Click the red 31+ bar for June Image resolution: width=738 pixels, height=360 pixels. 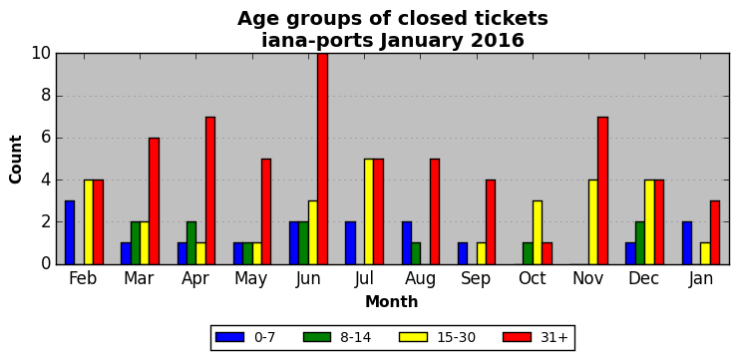tap(322, 159)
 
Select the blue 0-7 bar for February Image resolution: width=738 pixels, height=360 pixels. tap(70, 232)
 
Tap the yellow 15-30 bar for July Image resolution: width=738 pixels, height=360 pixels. tap(369, 211)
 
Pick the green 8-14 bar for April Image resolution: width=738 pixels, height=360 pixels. tap(191, 243)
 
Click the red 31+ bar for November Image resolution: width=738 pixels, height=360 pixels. tap(603, 190)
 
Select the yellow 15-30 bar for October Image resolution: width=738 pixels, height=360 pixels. tap(538, 232)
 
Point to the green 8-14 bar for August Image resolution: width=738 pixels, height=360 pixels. tap(416, 253)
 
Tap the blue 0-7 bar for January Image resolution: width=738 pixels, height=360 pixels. tap(687, 243)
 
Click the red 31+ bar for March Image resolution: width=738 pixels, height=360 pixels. tap(155, 200)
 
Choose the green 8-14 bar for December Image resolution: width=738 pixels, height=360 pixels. tap(640, 243)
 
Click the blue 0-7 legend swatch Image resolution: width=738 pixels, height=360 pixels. tap(229, 337)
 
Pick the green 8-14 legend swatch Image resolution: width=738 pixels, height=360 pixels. tap(318, 337)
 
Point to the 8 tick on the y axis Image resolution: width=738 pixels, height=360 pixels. tap(57, 96)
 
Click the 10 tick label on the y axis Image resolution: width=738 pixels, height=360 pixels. tap(42, 53)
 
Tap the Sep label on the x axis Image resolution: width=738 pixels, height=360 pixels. tap(476, 279)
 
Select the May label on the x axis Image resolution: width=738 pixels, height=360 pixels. tap(251, 279)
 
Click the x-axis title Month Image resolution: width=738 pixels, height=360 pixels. tap(392, 301)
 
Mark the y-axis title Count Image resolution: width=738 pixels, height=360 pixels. tap(16, 160)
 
